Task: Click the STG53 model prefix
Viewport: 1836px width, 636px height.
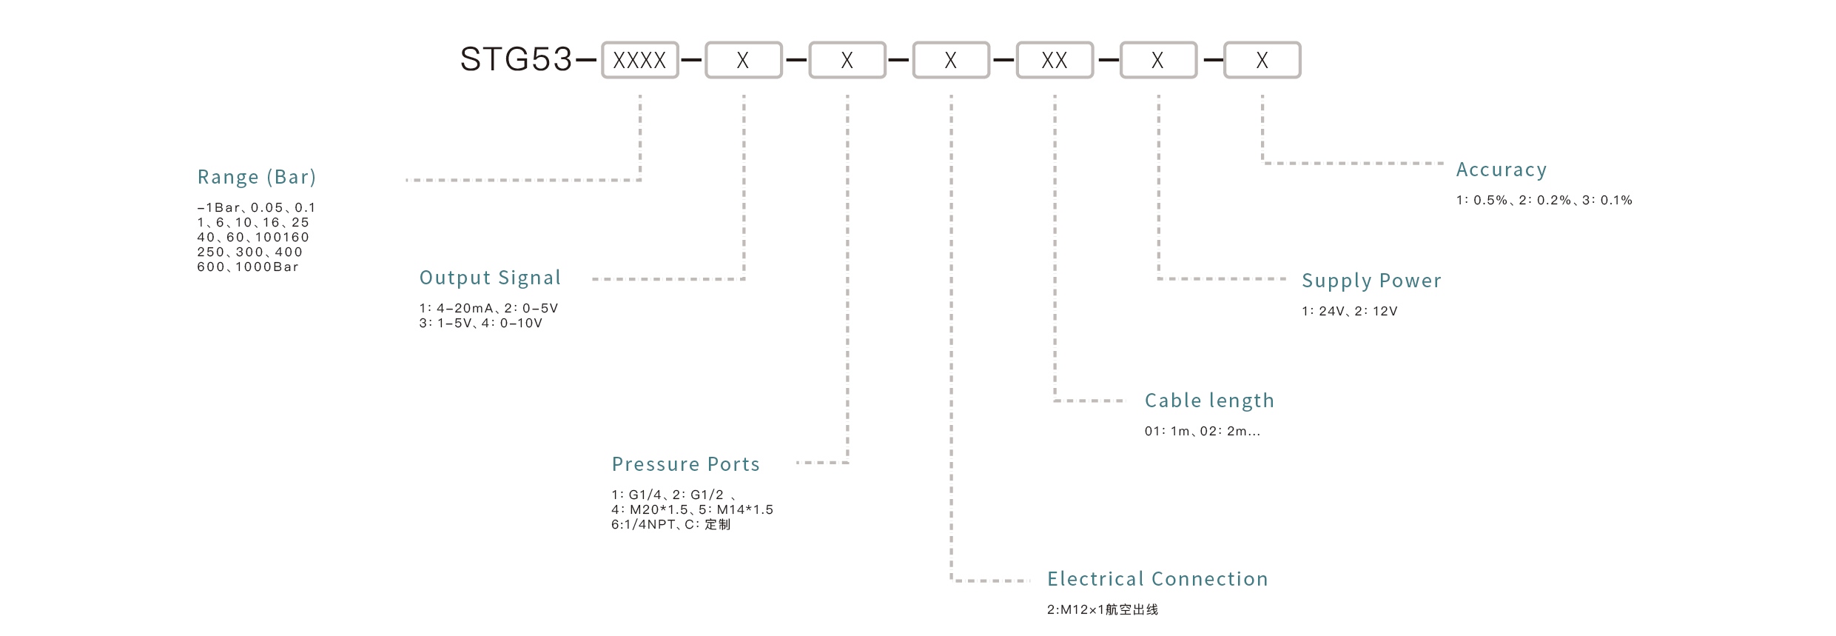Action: pos(516,59)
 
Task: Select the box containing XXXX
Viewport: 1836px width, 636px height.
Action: pos(639,60)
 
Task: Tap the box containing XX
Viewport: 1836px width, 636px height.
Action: pos(1055,60)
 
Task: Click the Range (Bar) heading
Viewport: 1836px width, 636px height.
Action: pos(256,177)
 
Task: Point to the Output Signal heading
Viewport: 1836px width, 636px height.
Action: pos(490,278)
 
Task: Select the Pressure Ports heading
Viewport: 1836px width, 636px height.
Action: pos(685,464)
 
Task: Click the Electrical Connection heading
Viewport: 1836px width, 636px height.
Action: pos(1157,579)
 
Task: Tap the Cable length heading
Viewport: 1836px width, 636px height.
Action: pos(1209,401)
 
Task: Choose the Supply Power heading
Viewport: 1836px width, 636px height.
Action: pos(1371,281)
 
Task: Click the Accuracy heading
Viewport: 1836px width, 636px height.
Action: pos(1501,170)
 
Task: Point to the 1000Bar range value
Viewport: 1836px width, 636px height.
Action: pos(266,267)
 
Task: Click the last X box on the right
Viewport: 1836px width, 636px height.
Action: pos(1262,60)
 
